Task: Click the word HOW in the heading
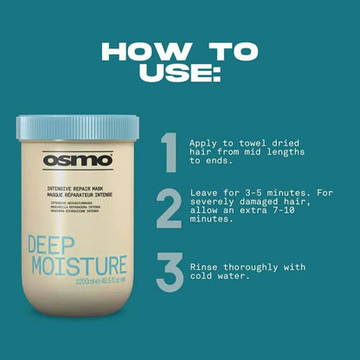coord(145,49)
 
